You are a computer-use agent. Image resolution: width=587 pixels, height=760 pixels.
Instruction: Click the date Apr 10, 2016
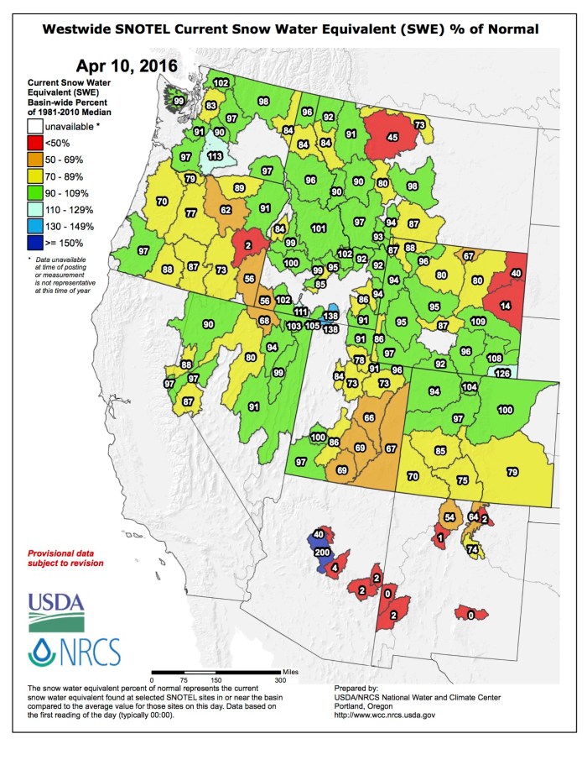coord(127,66)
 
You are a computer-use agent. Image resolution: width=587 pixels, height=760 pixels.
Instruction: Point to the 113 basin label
coord(214,155)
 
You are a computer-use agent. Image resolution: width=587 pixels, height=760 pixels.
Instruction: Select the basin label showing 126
coord(503,373)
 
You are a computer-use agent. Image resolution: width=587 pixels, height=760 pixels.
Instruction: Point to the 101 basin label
coord(319,228)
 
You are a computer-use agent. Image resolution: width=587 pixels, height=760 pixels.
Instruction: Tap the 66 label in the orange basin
coord(369,417)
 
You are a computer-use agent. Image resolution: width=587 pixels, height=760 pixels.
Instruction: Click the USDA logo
coord(56,611)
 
